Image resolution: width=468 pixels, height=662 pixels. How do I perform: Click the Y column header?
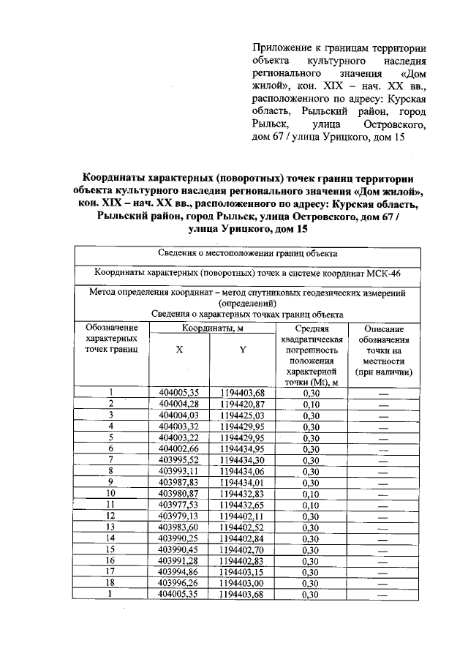coord(242,350)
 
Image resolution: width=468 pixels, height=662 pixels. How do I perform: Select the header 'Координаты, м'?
coord(212,329)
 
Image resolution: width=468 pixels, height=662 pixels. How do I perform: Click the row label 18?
coord(112,582)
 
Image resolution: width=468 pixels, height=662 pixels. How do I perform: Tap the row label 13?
coord(112,527)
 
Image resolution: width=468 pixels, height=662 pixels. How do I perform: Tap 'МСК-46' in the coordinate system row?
coord(383,271)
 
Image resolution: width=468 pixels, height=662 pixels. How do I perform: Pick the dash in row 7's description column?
coord(382,459)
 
